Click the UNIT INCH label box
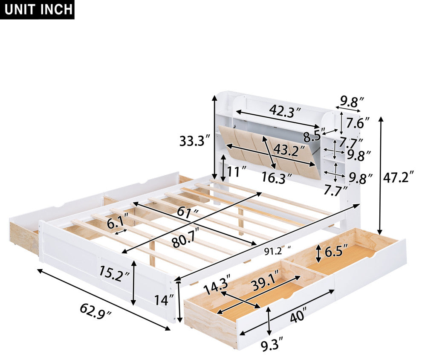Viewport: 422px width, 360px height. pyautogui.click(x=37, y=9)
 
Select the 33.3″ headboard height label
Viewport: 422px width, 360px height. pyautogui.click(x=194, y=141)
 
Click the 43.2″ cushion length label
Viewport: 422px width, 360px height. pyautogui.click(x=289, y=151)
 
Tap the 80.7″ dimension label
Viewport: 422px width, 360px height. pyautogui.click(x=186, y=238)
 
